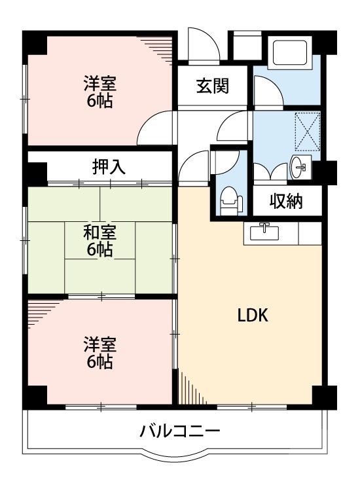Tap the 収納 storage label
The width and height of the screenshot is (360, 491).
(x=287, y=202)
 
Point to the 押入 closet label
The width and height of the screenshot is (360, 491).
(x=109, y=167)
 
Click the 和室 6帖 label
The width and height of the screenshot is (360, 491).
(x=100, y=240)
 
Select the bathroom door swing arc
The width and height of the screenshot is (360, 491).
(x=268, y=90)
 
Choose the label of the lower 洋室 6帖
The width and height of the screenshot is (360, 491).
(x=100, y=352)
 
